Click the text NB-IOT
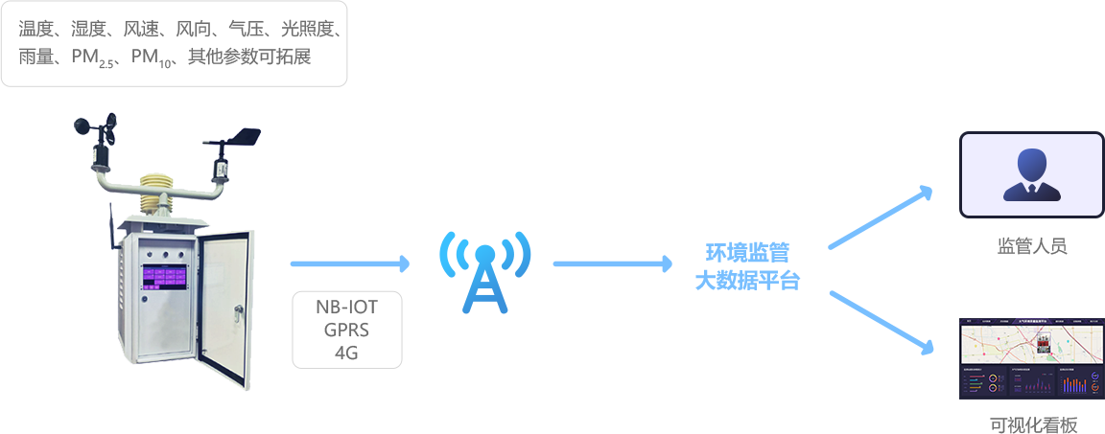347,308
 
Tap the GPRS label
347,330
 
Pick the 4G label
347,352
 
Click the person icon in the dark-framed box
1031,174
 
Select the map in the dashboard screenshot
1031,341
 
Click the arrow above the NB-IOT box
349,263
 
